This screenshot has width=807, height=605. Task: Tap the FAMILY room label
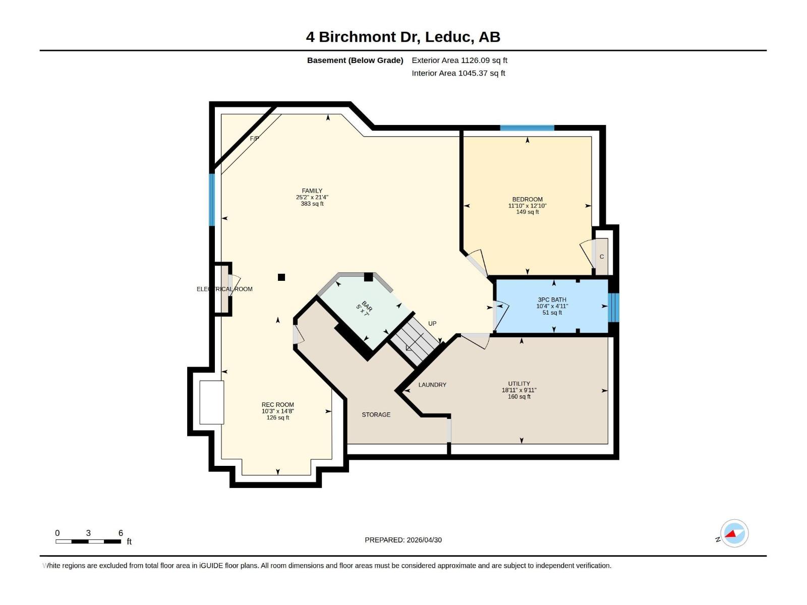pos(312,191)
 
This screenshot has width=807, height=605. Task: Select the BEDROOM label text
pos(527,199)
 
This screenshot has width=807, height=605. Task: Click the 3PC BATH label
pos(552,299)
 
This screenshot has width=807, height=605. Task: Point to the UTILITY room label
pos(519,384)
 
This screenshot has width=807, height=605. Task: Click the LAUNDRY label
pos(432,385)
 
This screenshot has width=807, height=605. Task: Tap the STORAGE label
pos(376,414)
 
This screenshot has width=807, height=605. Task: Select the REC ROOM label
pos(277,404)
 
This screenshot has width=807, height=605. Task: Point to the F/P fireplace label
pos(255,138)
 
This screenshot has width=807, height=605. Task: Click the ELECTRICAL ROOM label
pos(224,289)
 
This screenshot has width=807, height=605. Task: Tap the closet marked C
pos(602,257)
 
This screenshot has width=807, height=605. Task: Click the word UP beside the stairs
pos(432,324)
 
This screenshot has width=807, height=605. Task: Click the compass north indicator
pos(734,533)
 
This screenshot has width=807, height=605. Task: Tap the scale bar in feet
pos(88,541)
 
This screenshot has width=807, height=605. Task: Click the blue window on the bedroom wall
pos(527,128)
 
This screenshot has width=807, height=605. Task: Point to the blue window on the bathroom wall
pos(613,308)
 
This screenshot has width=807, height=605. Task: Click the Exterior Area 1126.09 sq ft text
pos(459,60)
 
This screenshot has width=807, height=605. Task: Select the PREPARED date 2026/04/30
pos(403,540)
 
